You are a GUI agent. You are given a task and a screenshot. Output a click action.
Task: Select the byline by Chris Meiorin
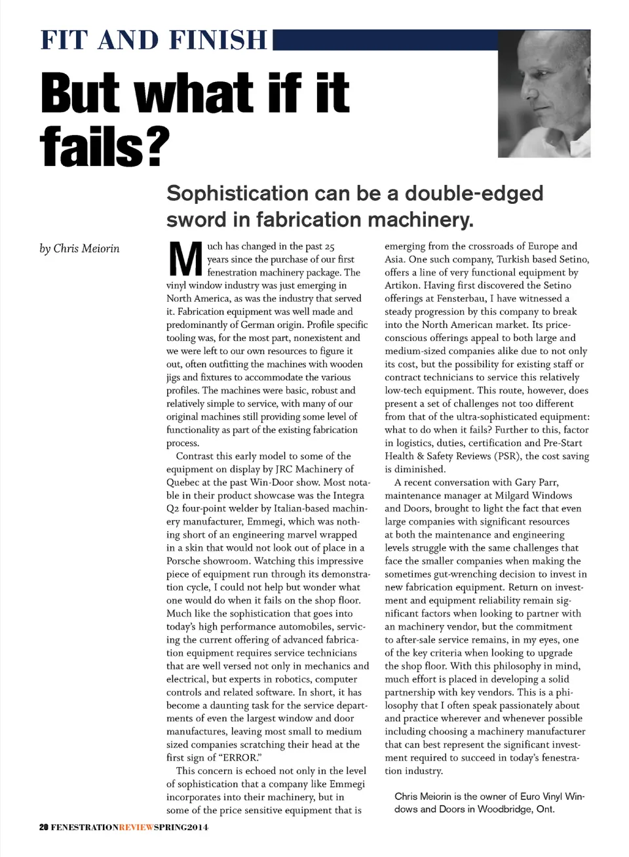tap(79, 249)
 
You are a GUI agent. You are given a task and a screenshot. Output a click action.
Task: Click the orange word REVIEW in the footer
tap(136, 827)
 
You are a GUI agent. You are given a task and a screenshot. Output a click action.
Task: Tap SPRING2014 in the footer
tap(181, 827)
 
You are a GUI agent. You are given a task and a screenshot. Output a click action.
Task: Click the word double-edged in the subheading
tap(474, 193)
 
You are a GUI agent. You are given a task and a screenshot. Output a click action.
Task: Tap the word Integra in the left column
tap(349, 496)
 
